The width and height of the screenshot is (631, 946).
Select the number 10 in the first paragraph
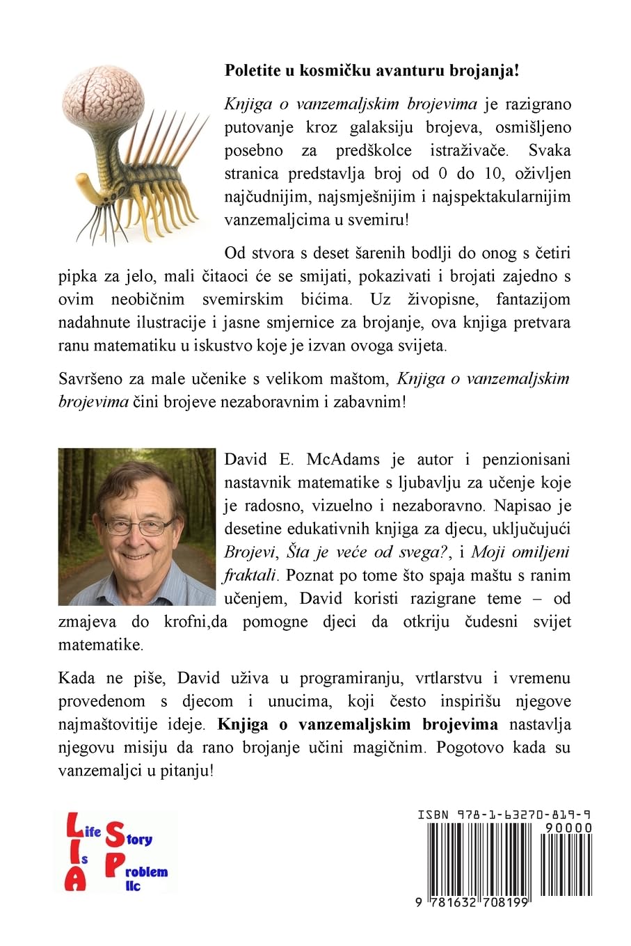tap(508, 173)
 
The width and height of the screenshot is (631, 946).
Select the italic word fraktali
tap(250, 575)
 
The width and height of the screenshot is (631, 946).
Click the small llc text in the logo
tap(132, 885)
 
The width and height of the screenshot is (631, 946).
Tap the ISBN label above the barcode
tap(432, 815)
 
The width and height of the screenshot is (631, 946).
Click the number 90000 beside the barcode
tap(569, 828)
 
